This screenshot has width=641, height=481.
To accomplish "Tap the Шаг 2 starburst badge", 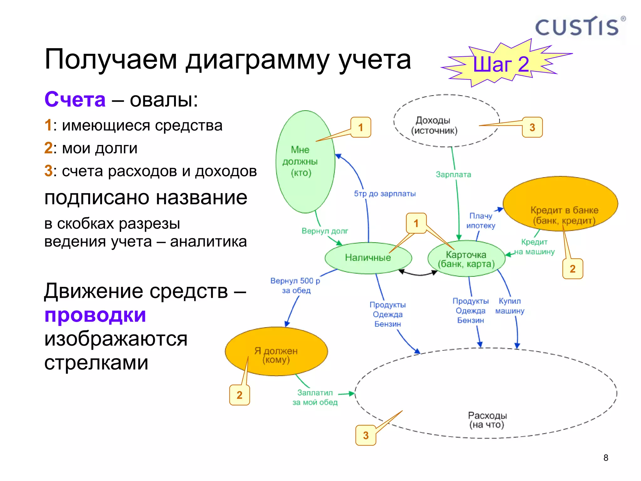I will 501,64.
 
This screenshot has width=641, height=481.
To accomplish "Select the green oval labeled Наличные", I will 368,258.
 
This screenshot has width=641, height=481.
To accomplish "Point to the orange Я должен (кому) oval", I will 276,351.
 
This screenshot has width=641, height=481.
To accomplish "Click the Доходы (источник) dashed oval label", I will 434,125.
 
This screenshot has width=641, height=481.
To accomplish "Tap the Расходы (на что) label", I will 487,420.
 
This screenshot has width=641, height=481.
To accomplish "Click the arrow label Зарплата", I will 453,175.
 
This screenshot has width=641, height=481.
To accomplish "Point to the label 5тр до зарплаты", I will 385,194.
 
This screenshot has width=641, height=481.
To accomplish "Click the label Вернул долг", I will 325,231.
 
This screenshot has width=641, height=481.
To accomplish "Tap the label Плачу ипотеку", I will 481,221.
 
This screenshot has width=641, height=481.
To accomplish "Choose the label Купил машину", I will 510,306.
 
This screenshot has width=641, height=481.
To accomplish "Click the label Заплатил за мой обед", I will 315,397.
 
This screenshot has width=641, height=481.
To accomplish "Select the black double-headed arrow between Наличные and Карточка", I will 418,274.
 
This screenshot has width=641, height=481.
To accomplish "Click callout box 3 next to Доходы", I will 532,127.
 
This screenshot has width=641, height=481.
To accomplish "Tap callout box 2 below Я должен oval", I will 239,395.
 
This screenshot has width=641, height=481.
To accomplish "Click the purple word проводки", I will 95,315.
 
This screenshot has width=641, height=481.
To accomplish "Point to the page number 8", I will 606,458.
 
